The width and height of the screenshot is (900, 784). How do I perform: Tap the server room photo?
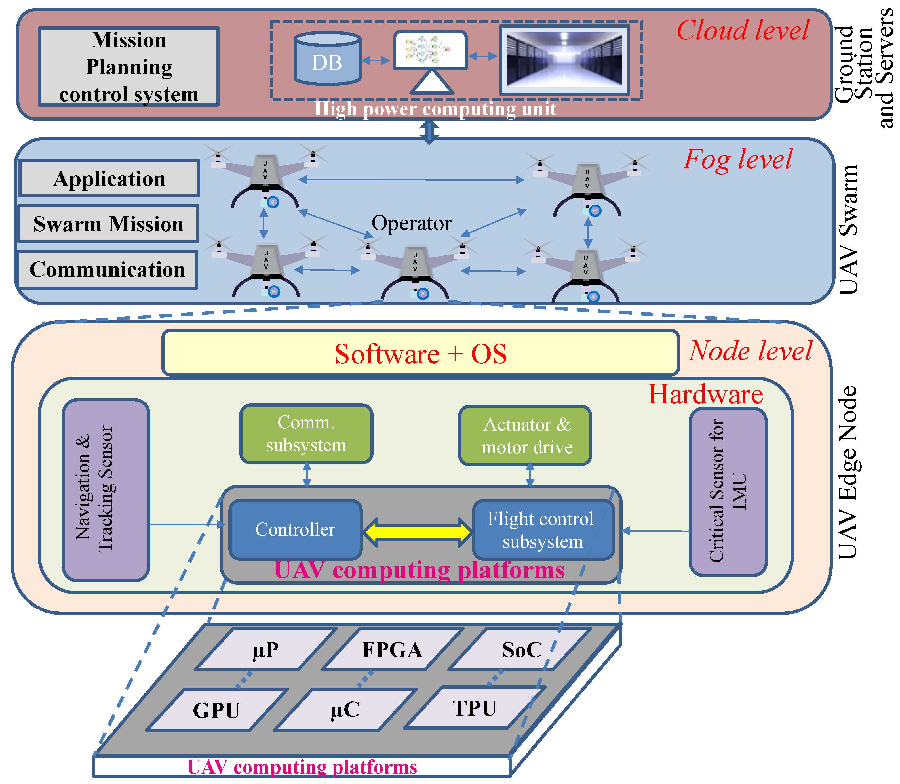pos(564,60)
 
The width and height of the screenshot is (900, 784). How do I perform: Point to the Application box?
pos(109,178)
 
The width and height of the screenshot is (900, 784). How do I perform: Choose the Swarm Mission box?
pos(108,224)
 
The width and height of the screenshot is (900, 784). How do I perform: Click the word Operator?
pos(412,223)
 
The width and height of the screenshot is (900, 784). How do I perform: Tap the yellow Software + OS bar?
pos(420,353)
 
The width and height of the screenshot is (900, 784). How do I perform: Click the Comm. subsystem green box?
pos(306,434)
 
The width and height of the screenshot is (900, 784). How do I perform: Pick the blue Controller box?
pos(296,530)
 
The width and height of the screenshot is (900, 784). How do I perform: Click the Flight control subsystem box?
pos(543,530)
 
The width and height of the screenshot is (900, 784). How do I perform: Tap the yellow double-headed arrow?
pos(418,532)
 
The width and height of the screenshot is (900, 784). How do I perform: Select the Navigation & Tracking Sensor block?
pos(106,490)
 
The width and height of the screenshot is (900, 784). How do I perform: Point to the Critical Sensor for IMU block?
pos(728,492)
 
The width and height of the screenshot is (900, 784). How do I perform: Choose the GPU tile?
pos(217,710)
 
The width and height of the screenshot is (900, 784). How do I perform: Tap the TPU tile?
pos(475,708)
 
